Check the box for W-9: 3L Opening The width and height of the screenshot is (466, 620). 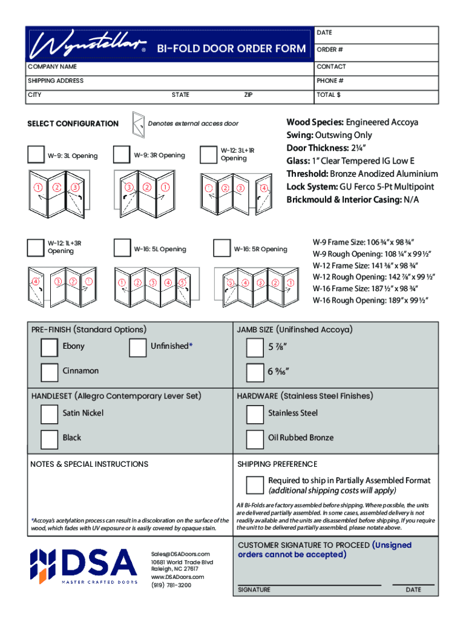click(36, 155)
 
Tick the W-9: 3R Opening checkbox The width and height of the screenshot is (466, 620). click(122, 154)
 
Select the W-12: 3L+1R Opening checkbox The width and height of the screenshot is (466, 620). click(208, 154)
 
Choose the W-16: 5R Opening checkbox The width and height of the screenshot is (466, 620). click(222, 248)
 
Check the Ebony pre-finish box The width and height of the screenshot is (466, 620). click(49, 347)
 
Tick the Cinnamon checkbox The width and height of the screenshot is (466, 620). click(49, 371)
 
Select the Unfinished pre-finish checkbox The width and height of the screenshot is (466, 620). click(138, 347)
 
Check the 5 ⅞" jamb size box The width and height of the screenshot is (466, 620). click(255, 348)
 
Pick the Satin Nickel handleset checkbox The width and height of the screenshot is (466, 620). click(49, 414)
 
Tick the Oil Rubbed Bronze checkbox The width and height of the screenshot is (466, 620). click(255, 438)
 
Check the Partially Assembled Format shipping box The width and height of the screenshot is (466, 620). click(255, 484)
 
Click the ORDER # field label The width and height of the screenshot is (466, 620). click(327, 50)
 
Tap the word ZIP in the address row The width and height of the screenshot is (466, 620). click(248, 95)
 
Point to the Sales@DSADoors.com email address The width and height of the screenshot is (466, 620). click(180, 554)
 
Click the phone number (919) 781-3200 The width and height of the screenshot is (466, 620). click(171, 585)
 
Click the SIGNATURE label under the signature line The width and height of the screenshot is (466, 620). click(254, 590)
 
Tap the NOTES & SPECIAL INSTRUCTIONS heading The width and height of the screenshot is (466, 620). click(89, 464)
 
